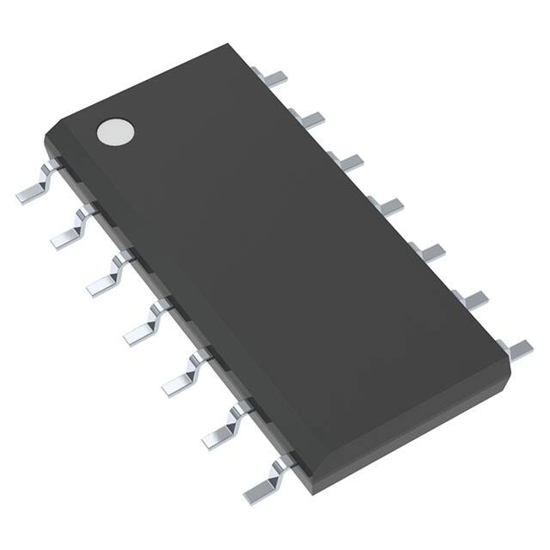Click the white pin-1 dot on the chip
116,131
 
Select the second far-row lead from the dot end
310,119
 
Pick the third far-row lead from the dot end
346,161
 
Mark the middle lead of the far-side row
387,205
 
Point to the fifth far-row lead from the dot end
427,250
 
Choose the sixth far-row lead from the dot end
471,298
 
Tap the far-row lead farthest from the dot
516,347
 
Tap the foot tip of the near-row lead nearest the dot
26,194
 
